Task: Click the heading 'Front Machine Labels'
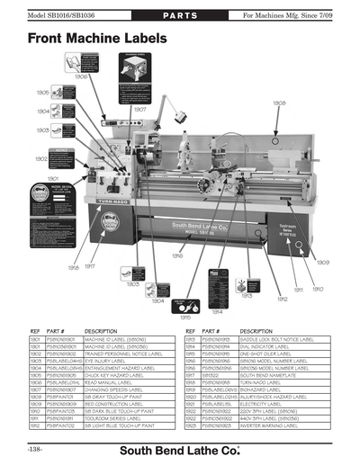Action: coord(97,40)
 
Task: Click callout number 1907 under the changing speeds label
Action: coord(139,109)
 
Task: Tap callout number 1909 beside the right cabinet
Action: coord(322,263)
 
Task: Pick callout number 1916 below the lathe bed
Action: coord(181,255)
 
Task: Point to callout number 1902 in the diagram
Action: coord(41,158)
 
